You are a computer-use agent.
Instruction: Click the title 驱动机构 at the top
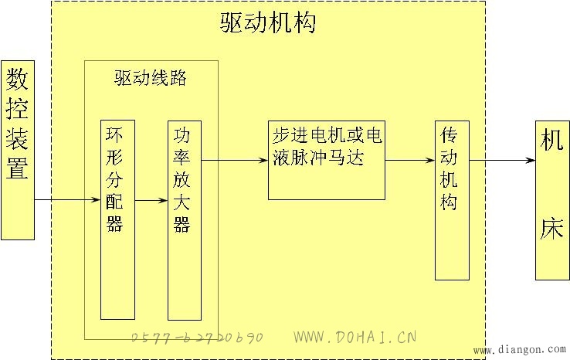[267, 22]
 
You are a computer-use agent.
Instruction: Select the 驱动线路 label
[151, 78]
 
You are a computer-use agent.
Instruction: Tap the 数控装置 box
[18, 150]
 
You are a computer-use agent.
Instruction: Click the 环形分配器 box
[117, 220]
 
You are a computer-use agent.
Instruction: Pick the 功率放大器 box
[185, 221]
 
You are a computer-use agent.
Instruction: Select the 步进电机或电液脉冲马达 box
[327, 161]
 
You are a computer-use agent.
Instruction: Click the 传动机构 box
[453, 200]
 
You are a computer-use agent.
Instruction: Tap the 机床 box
[552, 200]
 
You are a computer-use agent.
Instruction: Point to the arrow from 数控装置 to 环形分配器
[67, 199]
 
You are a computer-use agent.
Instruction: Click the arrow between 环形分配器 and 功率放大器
[151, 200]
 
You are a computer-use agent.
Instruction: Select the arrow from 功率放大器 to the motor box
[235, 160]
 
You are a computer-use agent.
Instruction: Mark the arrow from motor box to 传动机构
[410, 160]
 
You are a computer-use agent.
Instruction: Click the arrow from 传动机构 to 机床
[502, 160]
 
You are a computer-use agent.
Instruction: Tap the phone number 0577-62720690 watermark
[197, 338]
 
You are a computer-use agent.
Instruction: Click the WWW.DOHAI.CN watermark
[355, 337]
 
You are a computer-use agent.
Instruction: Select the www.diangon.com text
[520, 350]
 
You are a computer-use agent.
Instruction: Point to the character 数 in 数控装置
[17, 79]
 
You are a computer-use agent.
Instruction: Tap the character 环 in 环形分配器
[114, 134]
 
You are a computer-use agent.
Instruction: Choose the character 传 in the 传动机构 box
[449, 135]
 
